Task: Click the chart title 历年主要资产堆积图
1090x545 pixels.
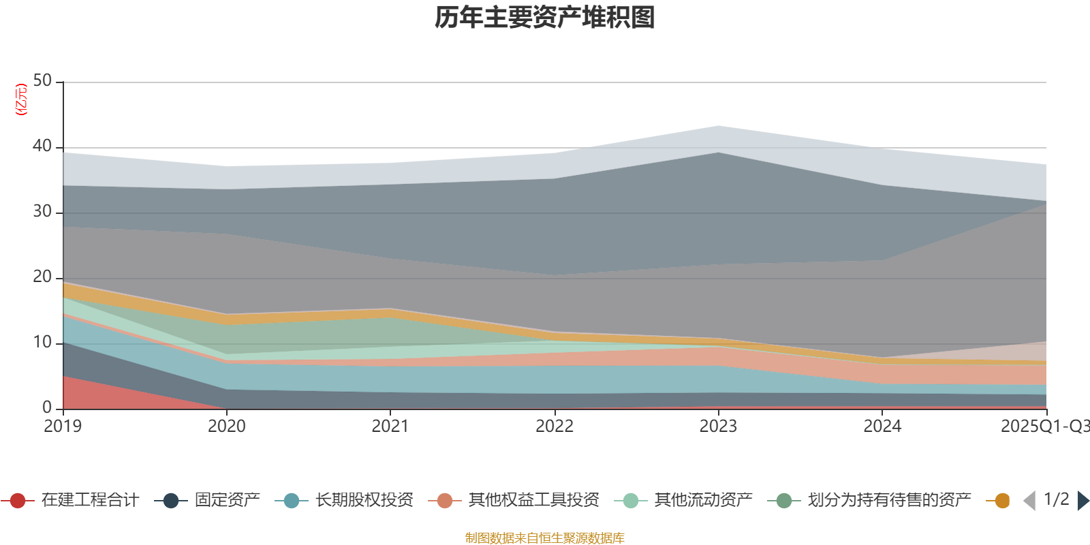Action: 545,18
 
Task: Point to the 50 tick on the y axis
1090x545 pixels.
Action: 42,81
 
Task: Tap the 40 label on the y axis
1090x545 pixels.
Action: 42,146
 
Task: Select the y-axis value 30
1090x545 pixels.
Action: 42,212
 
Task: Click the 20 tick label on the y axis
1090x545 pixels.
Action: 42,277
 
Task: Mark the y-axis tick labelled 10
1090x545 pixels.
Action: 42,343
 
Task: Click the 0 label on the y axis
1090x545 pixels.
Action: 47,407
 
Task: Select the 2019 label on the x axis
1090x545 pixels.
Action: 63,426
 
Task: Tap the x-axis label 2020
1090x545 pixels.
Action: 227,426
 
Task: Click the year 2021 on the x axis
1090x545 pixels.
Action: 390,426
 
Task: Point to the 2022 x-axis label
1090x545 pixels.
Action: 555,426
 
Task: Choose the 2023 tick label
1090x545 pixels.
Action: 718,426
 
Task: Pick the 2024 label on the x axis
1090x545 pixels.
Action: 882,426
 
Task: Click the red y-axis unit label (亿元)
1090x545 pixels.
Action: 21,99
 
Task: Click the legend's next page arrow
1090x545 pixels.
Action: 1083,501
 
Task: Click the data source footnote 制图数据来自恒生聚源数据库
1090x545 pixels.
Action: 545,538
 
